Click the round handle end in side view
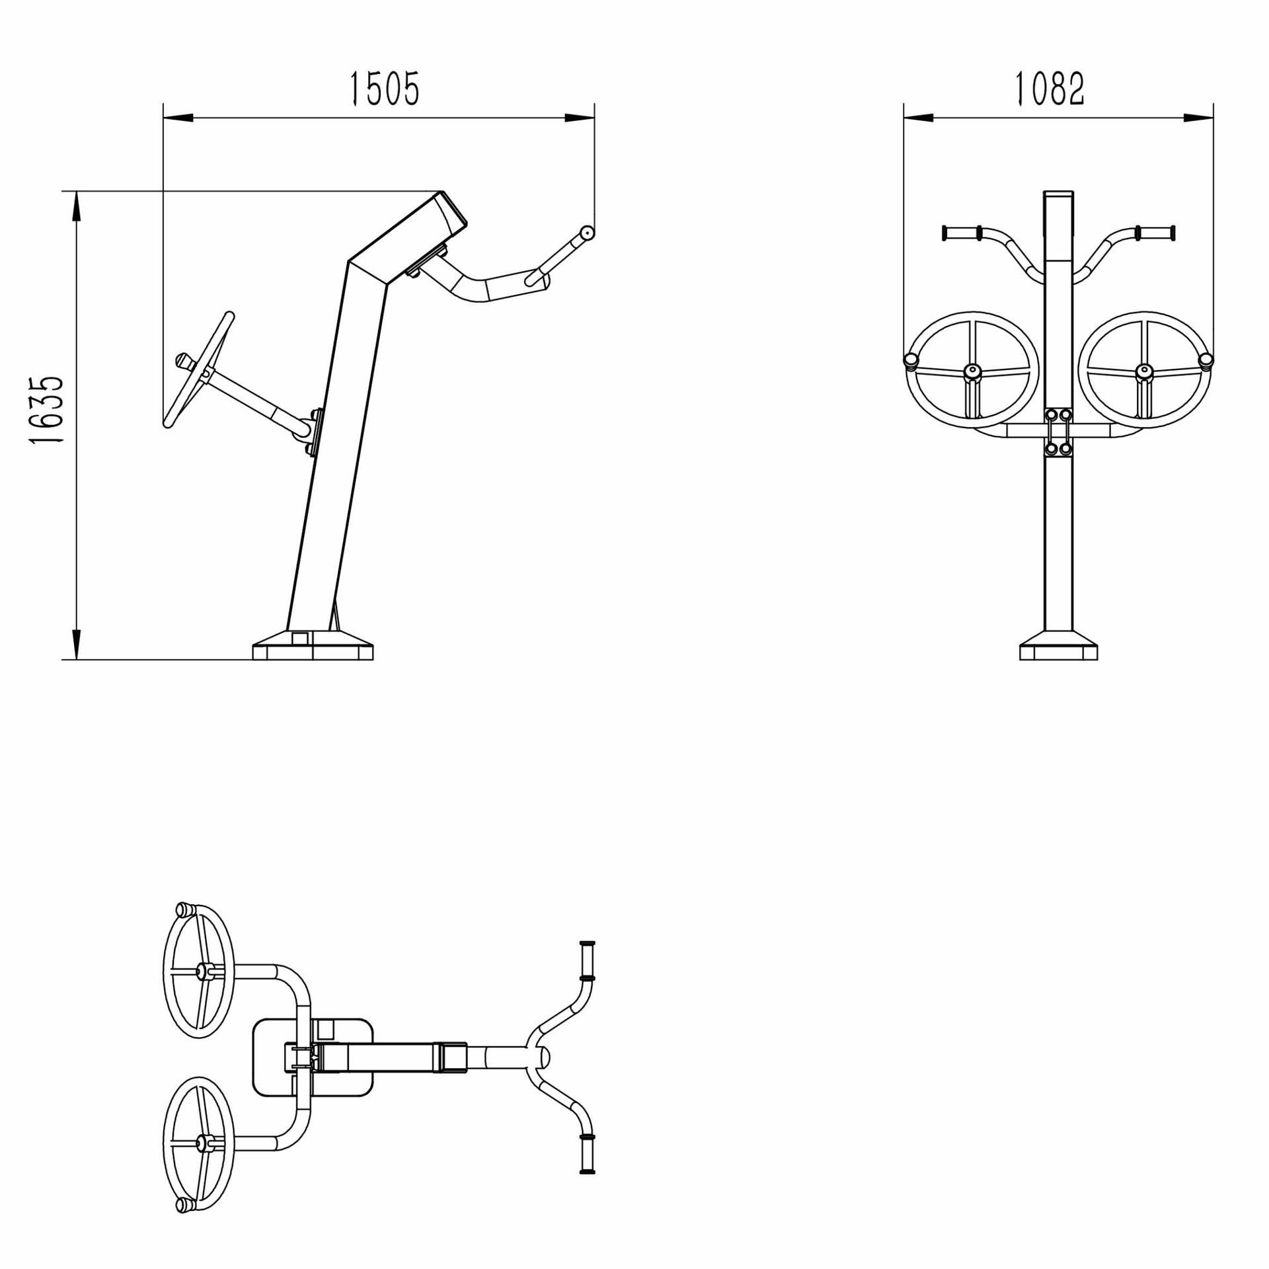[586, 233]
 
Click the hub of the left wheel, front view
[972, 372]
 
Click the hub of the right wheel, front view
[1144, 372]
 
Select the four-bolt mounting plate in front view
[1058, 432]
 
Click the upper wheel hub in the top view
[200, 971]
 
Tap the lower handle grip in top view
[586, 1154]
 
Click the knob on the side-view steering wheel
[183, 361]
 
